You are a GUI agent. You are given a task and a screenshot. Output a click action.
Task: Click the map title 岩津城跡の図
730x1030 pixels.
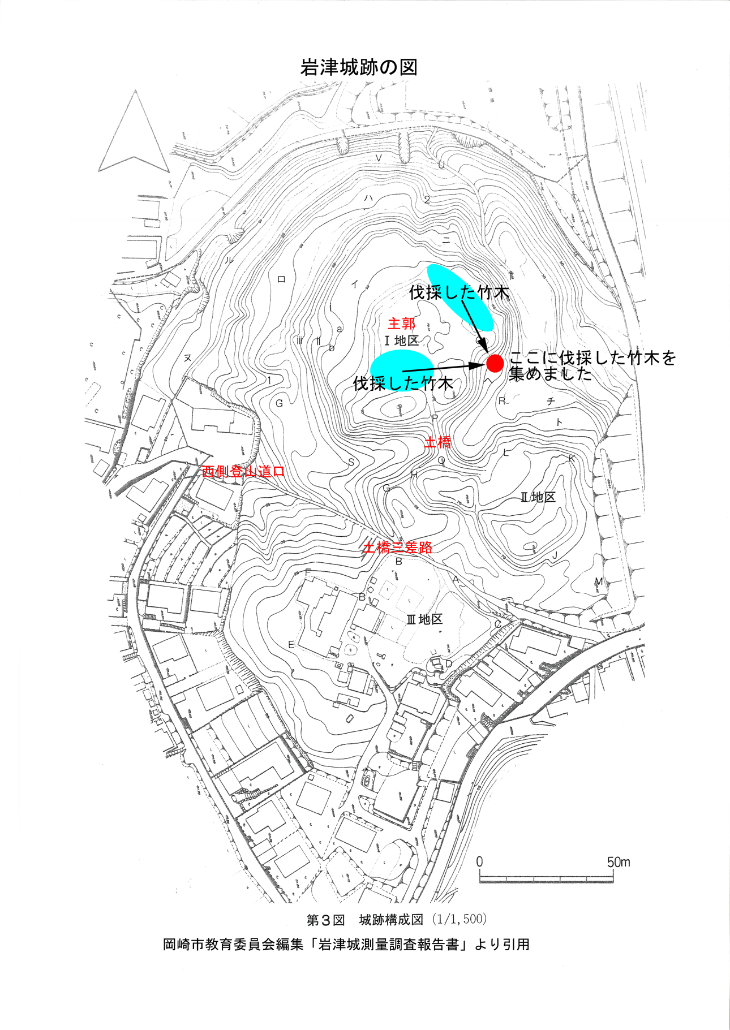click(359, 67)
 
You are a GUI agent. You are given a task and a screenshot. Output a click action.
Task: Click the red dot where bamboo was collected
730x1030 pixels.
click(495, 363)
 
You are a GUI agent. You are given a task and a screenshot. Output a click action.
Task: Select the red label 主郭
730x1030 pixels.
click(401, 324)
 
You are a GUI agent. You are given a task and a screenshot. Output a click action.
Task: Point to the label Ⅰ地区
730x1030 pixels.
click(401, 341)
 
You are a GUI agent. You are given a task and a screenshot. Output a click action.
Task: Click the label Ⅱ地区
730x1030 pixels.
click(538, 497)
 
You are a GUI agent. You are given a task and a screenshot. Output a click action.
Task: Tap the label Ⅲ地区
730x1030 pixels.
click(424, 619)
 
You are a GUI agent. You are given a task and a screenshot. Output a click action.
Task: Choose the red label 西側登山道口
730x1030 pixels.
click(243, 471)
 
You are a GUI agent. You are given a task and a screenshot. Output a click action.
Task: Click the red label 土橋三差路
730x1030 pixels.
click(398, 547)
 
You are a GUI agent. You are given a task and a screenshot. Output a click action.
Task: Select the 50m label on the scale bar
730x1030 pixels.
click(618, 862)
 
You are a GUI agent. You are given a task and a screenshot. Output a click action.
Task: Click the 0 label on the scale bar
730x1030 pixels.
click(480, 861)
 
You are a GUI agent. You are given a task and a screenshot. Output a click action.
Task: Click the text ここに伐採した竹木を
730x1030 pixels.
click(592, 358)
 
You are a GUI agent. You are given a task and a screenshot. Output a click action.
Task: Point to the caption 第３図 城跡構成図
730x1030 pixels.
click(365, 920)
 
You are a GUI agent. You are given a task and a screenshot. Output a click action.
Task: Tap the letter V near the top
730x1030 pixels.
click(379, 157)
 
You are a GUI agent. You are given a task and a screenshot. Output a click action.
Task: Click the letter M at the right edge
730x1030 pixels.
click(599, 581)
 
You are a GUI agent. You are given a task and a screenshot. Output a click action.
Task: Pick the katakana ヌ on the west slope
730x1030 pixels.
click(187, 357)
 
